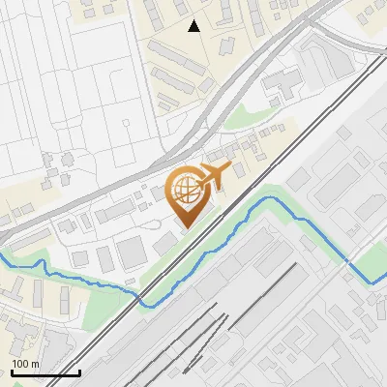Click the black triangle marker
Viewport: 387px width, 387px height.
pyautogui.click(x=194, y=26)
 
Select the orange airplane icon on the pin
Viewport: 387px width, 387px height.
pyautogui.click(x=211, y=176)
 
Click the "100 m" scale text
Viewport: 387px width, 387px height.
pyautogui.click(x=25, y=364)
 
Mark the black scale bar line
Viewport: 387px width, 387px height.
pyautogui.click(x=45, y=372)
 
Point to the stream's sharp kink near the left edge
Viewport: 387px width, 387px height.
pyautogui.click(x=41, y=262)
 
